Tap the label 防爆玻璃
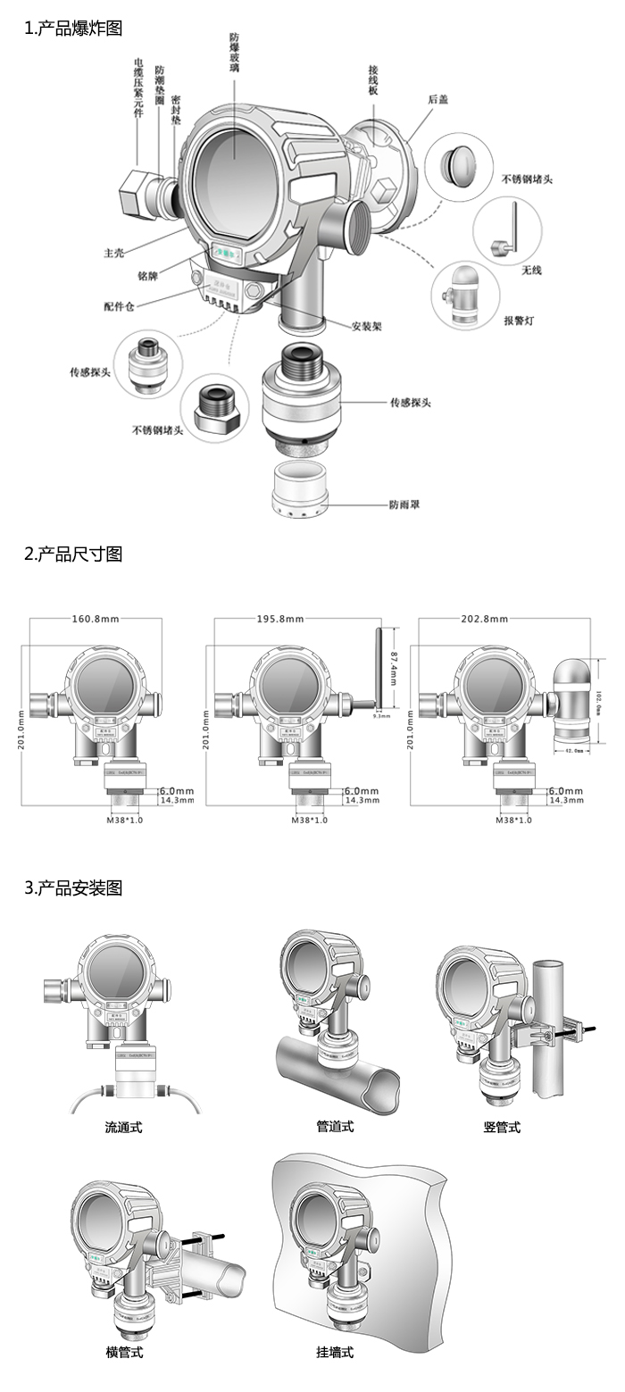coord(234,53)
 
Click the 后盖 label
coord(437,99)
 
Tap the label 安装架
coord(366,326)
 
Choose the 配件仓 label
coord(119,306)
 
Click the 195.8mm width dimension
coord(280,619)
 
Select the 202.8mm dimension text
coord(485,619)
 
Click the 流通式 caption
coord(123,1127)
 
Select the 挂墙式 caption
coord(335,1352)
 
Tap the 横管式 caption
coord(124,1352)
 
